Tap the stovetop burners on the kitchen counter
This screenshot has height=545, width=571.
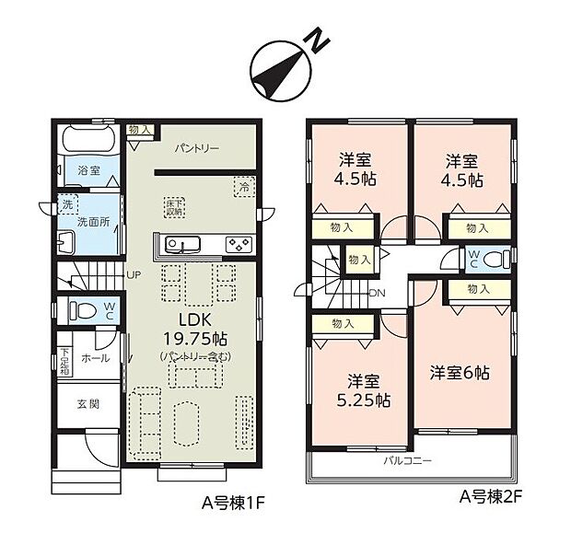238,244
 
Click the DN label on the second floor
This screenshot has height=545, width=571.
377,294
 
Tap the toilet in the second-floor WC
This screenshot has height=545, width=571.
495,259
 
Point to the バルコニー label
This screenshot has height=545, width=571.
407,458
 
